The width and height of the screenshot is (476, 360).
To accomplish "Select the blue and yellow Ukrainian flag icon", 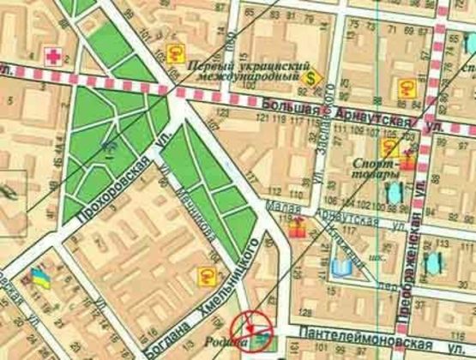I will coord(39,277).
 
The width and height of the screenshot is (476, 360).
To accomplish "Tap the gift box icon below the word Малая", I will coord(296,227).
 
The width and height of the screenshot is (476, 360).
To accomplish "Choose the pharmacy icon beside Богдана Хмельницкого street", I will coord(206,274).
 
